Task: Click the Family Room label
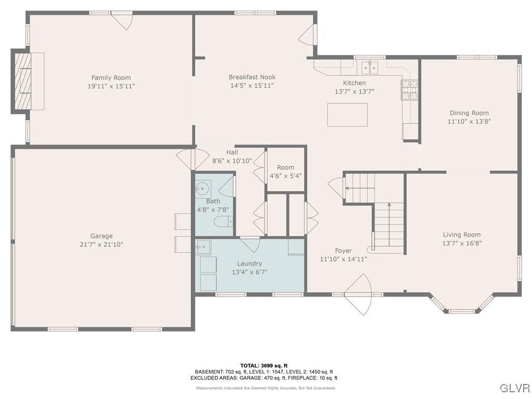click(111, 78)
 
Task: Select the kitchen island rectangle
click(347, 115)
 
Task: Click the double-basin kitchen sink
click(370, 66)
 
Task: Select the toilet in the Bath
click(222, 223)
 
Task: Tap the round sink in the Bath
click(203, 187)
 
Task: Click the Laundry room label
click(249, 263)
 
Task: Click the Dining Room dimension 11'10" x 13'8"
click(469, 121)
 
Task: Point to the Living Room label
click(461, 234)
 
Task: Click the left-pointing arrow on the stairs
click(348, 188)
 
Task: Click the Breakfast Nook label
click(252, 77)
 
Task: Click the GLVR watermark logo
click(514, 388)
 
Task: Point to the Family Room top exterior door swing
click(123, 21)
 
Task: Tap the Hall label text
click(232, 152)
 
